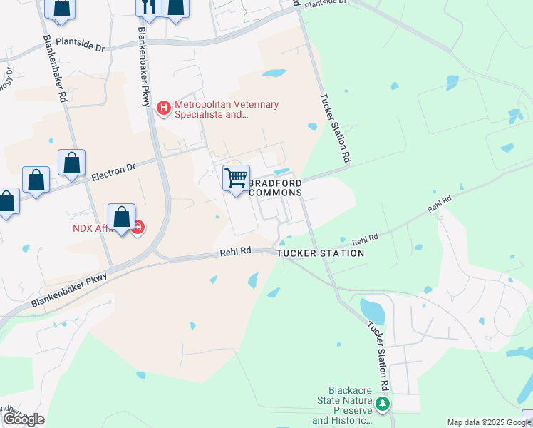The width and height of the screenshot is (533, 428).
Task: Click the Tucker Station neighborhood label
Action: [320, 253]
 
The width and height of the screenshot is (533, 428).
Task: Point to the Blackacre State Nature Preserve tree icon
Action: [383, 405]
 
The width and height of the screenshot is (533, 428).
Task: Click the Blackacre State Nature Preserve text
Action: [342, 405]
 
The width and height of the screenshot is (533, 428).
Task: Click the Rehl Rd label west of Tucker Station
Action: [235, 251]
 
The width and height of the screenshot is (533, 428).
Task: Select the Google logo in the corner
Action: [24, 419]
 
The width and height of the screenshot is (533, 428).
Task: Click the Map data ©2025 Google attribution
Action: [488, 422]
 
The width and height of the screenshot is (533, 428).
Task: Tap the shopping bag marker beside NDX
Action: [122, 216]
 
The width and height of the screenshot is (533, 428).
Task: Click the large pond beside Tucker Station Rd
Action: [372, 310]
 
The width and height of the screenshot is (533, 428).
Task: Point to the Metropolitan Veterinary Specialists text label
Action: [217, 109]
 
